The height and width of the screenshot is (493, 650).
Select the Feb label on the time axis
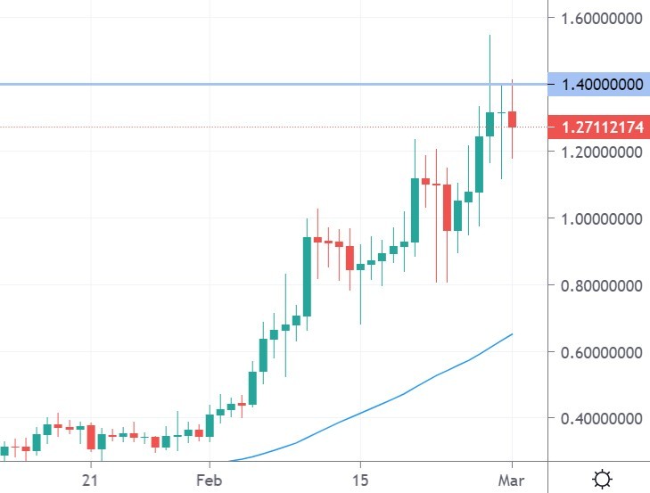click(209, 479)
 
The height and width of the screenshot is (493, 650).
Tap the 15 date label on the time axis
click(359, 479)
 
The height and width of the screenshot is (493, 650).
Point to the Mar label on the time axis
click(512, 479)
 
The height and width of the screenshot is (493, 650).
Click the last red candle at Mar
click(513, 119)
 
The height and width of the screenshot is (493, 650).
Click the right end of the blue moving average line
click(512, 334)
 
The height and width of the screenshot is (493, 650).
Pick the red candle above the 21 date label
click(91, 436)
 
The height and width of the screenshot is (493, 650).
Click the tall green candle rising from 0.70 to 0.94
click(307, 276)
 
